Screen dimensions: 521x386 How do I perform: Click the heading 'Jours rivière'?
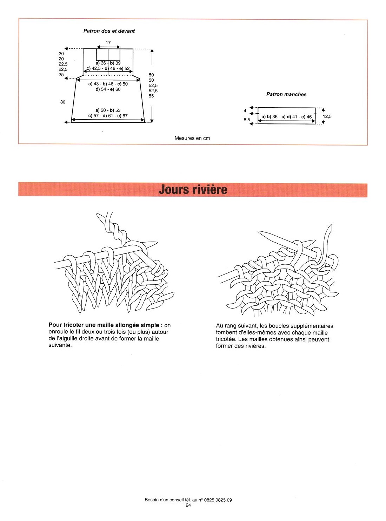pos(193,190)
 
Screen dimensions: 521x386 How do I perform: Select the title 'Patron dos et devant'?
pos(109,31)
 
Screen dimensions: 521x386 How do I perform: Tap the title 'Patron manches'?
pos(286,94)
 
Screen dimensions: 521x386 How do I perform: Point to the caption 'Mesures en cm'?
pos(192,138)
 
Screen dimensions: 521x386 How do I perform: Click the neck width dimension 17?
pos(108,43)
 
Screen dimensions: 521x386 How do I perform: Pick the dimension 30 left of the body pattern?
pos(63,102)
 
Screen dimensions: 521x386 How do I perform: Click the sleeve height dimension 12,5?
pos(327,116)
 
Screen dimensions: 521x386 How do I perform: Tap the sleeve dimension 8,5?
pos(247,120)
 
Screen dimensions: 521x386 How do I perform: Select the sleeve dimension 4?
pos(245,111)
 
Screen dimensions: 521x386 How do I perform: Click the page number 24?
pos(188,505)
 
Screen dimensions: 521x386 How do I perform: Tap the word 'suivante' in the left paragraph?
pos(59,345)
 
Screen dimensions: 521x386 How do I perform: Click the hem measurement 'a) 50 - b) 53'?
pos(108,110)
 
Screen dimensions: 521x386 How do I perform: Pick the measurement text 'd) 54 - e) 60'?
pos(108,89)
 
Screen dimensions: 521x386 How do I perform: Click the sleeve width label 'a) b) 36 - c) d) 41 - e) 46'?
pos(286,117)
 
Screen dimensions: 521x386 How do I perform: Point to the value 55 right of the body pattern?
pos(151,96)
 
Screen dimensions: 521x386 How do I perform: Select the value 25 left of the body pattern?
pos(61,75)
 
